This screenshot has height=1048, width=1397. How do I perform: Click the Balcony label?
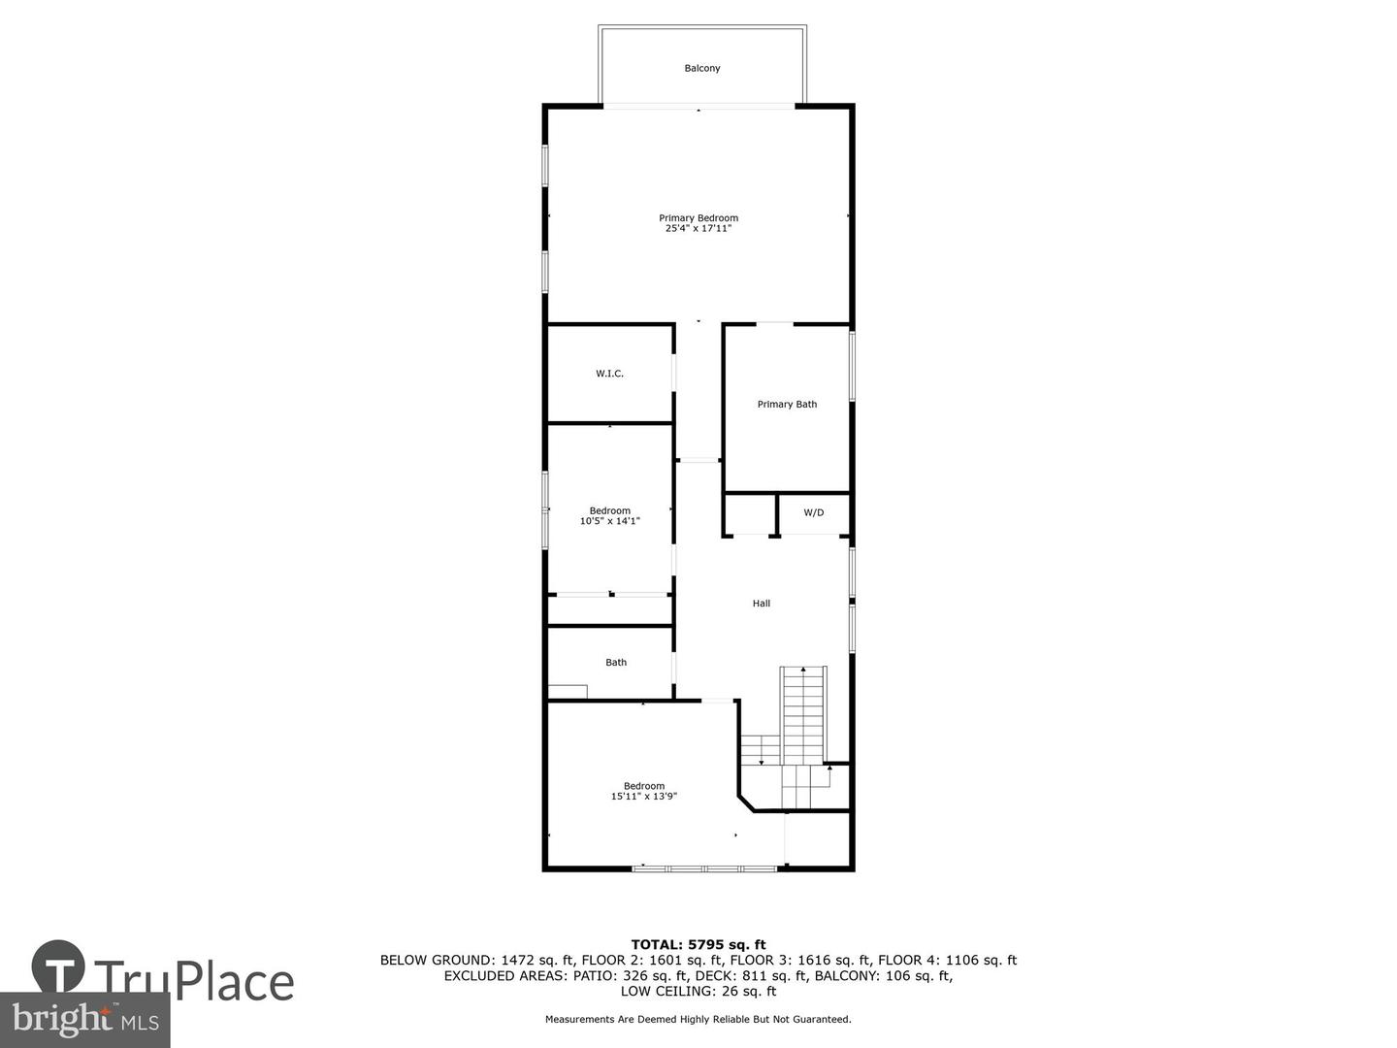tap(701, 68)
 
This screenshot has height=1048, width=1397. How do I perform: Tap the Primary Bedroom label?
tap(698, 218)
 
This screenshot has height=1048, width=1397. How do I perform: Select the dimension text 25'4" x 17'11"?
tap(698, 229)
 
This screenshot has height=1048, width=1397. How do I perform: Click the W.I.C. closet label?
tap(609, 374)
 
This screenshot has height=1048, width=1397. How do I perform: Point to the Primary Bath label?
tap(787, 405)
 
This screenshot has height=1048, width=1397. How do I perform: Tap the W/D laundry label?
tap(813, 512)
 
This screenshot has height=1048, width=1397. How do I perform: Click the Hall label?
tap(762, 604)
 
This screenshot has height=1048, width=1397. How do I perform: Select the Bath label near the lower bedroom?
tap(616, 663)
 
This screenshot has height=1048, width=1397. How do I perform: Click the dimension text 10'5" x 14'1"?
tap(609, 521)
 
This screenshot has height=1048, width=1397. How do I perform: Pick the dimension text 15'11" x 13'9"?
tap(643, 797)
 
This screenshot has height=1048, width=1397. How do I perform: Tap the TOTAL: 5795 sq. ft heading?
tap(698, 944)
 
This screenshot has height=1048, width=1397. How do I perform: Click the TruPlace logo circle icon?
tap(58, 966)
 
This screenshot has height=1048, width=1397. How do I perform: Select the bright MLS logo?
tap(84, 1019)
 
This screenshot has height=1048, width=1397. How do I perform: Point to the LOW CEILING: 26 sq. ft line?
tap(698, 992)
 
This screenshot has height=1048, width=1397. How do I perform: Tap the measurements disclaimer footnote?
tap(698, 1020)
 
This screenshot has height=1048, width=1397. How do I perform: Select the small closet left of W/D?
tap(750, 514)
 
